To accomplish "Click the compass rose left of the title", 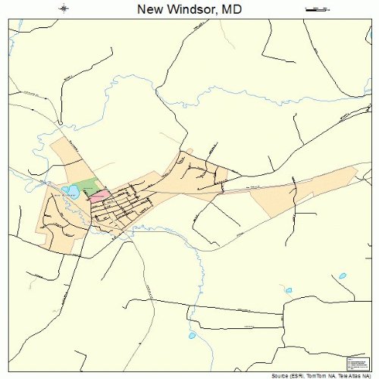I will pyautogui.click(x=64, y=9).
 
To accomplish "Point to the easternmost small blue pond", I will pyautogui.click(x=343, y=275).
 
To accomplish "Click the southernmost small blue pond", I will pyautogui.click(x=192, y=334).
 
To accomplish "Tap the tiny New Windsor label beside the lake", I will pyautogui.click(x=66, y=196).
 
